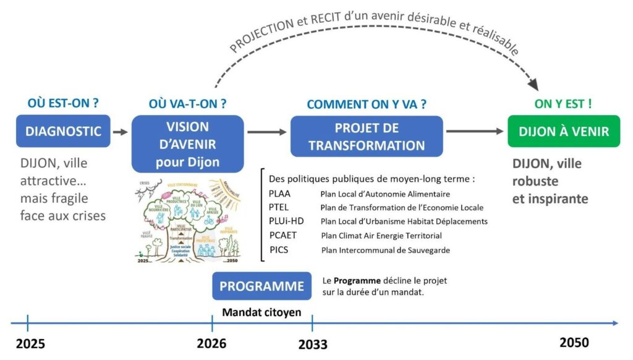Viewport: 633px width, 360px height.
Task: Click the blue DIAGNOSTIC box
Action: pos(63,131)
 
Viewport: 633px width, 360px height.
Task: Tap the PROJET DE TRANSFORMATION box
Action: pos(367,136)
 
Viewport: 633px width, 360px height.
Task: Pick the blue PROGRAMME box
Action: pos(261,286)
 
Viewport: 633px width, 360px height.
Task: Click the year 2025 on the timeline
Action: pos(30,343)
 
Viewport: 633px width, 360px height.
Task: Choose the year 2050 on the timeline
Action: pos(574,343)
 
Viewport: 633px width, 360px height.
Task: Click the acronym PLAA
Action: pos(280,193)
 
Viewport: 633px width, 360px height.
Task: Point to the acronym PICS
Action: pos(279,249)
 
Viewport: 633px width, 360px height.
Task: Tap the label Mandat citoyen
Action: pos(261,312)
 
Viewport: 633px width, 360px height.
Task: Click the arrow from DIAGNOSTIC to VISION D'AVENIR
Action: pos(121,131)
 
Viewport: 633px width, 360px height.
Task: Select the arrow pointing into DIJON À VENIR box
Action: pos(475,131)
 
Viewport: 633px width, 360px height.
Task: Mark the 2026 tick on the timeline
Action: pos(212,323)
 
